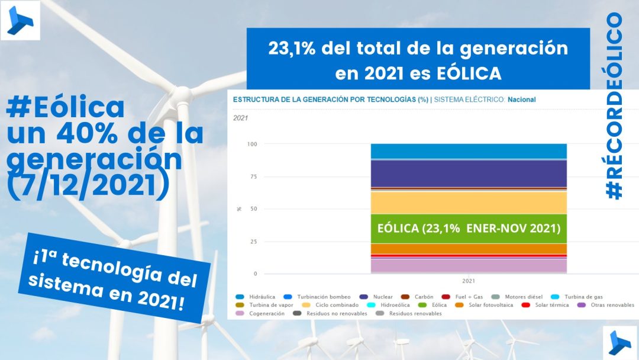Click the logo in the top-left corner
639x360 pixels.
point(20,20)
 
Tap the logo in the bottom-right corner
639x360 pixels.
point(619,342)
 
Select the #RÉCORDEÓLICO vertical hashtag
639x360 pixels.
point(615,106)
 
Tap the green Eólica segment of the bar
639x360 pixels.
point(469,229)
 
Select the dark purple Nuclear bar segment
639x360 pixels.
point(469,173)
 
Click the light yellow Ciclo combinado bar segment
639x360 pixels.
point(469,202)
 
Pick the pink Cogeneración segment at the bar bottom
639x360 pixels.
point(469,266)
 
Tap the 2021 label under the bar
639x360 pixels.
point(468,281)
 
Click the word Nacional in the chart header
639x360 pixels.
point(521,99)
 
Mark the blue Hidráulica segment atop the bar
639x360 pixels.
point(469,151)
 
